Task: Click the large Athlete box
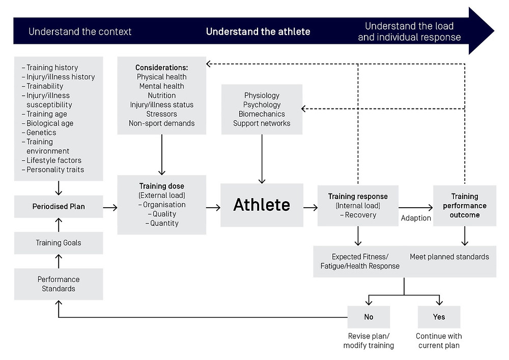262,205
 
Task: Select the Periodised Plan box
59,206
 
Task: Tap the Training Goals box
59,243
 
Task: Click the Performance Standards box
59,284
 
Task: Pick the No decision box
369,317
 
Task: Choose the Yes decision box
439,317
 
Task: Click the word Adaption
416,218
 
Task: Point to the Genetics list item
39,132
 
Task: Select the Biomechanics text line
262,114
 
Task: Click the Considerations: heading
162,68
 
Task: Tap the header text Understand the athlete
258,32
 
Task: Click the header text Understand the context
80,32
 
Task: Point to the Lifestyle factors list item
51,160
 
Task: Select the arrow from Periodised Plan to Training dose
110,207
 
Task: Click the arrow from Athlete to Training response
310,207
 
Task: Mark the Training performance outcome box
465,206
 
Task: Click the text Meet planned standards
449,257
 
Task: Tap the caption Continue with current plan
439,341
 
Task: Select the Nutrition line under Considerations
162,95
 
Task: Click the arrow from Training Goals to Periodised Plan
59,225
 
